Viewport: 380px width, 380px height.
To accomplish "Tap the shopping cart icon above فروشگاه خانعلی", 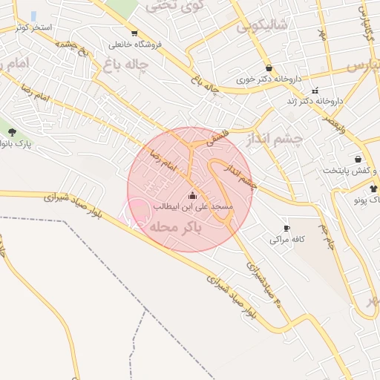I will [134, 33].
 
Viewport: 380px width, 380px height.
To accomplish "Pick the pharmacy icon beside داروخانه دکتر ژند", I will [315, 91].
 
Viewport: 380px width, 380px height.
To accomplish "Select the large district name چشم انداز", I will [275, 140].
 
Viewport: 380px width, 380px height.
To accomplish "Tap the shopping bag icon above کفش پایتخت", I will [358, 159].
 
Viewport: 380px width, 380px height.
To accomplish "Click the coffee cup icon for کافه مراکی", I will [287, 229].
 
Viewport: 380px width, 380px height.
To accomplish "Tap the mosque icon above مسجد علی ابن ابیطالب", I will [193, 195].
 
